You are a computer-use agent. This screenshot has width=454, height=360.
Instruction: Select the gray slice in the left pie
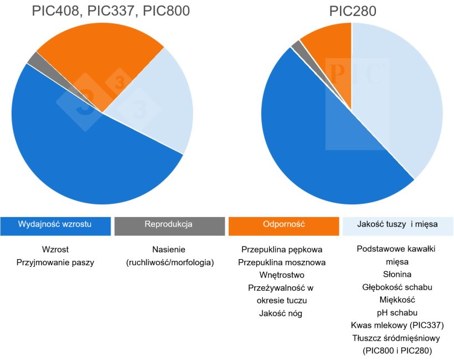click(x=34, y=58)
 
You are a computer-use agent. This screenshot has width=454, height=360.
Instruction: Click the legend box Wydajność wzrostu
click(x=55, y=225)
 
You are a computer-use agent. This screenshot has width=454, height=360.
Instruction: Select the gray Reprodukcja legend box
click(x=169, y=225)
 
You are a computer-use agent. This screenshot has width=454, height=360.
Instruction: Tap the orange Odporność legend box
click(x=283, y=225)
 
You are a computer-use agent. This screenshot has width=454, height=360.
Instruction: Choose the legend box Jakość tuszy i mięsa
click(x=398, y=225)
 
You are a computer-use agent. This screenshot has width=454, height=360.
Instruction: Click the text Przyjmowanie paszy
click(x=55, y=263)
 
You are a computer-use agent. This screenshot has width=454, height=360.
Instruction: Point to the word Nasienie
click(x=169, y=250)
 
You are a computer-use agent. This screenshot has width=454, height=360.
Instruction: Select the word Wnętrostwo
click(x=282, y=275)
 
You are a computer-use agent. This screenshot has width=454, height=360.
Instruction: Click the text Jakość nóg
click(x=282, y=313)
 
